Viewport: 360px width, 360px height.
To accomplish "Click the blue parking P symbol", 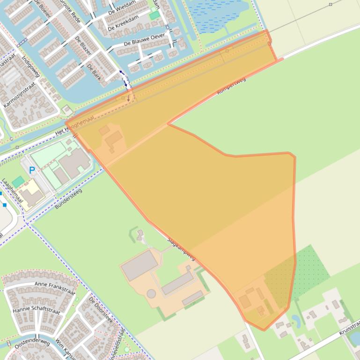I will pos(32,170).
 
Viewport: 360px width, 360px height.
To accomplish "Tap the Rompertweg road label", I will pos(231,86).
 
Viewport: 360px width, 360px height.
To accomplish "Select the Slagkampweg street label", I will pos(181,248).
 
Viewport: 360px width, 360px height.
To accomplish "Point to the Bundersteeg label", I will pos(68,199).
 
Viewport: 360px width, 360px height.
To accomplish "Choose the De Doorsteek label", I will pos(101,310).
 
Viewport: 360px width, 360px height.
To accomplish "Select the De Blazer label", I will pos(82,46).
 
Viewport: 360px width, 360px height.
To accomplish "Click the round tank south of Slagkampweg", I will pos(151,294).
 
